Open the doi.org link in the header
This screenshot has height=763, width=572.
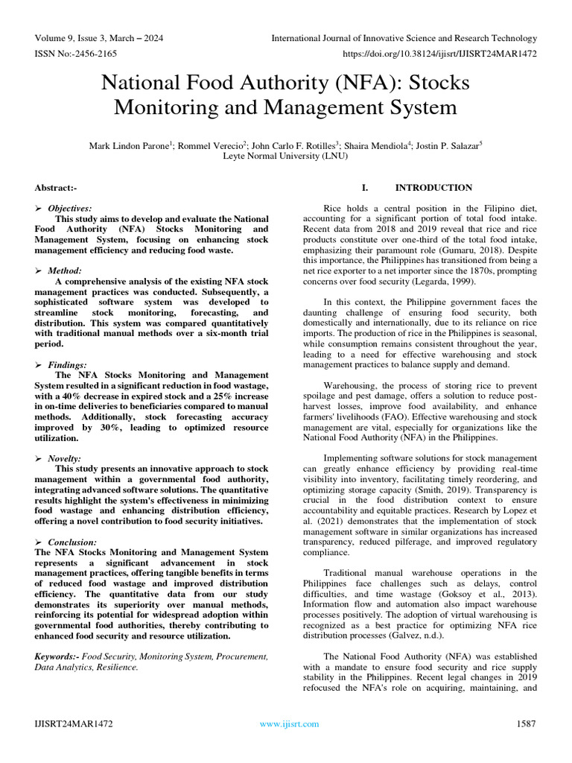pyautogui.click(x=439, y=54)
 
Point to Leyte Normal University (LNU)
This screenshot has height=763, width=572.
pyautogui.click(x=286, y=156)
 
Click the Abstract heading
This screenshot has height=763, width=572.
pyautogui.click(x=55, y=188)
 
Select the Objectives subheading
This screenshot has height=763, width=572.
pyautogui.click(x=70, y=209)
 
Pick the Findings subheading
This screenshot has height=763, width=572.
pyautogui.click(x=69, y=364)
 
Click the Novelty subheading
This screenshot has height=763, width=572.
pyautogui.click(x=67, y=458)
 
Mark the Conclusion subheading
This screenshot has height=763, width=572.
pyautogui.click(x=72, y=542)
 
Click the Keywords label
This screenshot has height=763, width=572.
pyautogui.click(x=57, y=656)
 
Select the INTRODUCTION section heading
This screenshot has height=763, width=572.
pyautogui.click(x=433, y=188)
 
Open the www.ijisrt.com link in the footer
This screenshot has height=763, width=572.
pyautogui.click(x=289, y=724)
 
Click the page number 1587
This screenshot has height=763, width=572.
pyautogui.click(x=526, y=724)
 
